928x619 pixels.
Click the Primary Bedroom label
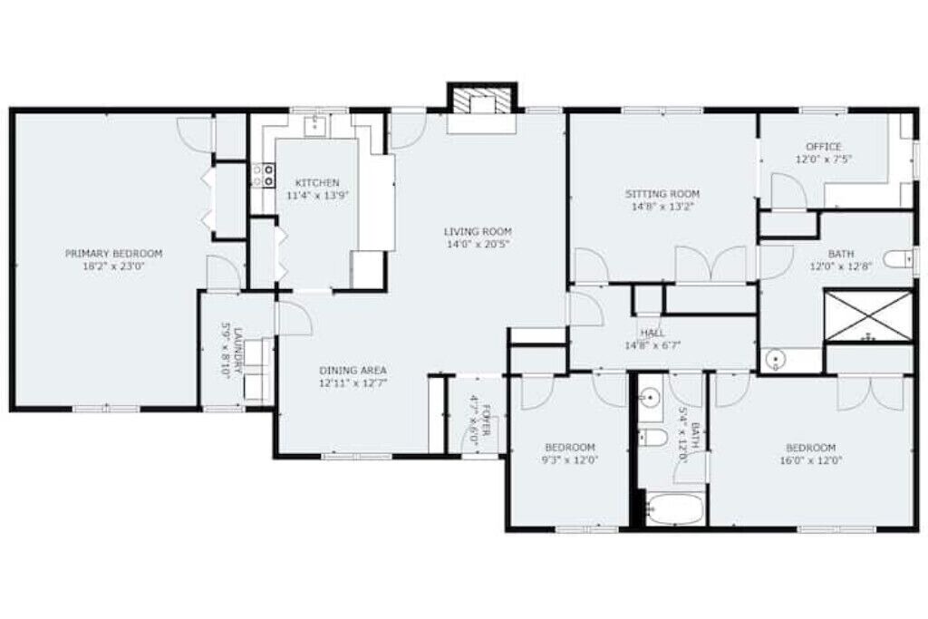click(113, 254)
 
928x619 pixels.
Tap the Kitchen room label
click(317, 183)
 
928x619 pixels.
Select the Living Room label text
click(478, 231)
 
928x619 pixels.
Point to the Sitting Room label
click(662, 194)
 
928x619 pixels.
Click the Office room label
click(823, 146)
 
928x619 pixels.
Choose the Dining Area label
click(353, 371)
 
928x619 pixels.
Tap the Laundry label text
click(238, 350)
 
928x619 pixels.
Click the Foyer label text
click(487, 421)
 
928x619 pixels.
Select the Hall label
click(652, 334)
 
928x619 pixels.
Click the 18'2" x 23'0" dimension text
click(113, 266)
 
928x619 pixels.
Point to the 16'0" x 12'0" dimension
click(811, 460)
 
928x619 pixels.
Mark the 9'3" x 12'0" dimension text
click(570, 459)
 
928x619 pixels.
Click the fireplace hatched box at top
click(481, 99)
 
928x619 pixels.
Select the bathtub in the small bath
click(674, 508)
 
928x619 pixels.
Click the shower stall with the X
click(867, 315)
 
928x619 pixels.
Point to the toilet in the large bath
click(897, 259)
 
